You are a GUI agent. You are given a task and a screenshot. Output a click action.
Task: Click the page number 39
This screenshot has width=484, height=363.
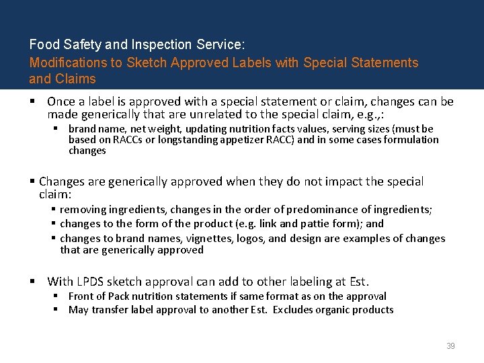click(x=450, y=346)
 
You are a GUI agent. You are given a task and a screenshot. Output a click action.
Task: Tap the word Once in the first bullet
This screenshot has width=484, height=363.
click(x=61, y=102)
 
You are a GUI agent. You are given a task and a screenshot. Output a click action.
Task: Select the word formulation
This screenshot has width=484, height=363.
click(x=412, y=140)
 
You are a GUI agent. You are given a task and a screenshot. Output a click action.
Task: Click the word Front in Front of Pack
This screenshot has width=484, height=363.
click(x=81, y=296)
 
